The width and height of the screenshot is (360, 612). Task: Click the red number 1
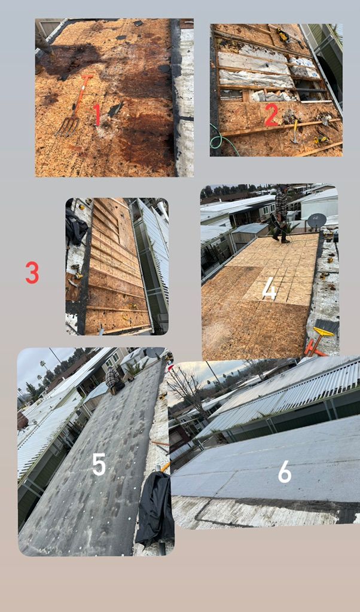[97, 115]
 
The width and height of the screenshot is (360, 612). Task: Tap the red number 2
[271, 115]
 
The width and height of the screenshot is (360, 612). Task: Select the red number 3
[32, 273]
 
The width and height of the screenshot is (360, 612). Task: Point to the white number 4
[270, 291]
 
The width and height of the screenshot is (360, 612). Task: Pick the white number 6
[285, 473]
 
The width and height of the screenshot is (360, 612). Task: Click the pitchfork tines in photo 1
[67, 126]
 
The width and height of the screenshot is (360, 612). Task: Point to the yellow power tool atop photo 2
[283, 36]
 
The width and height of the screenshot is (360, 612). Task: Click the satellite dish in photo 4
[316, 221]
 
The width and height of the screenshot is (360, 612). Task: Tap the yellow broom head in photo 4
[324, 332]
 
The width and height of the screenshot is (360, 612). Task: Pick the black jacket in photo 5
[155, 507]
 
